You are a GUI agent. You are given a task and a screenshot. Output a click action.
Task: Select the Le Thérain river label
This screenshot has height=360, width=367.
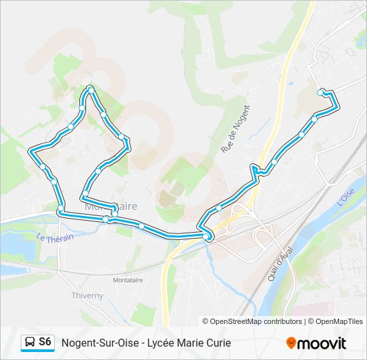55,237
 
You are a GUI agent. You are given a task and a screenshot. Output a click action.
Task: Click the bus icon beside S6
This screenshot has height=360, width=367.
30,343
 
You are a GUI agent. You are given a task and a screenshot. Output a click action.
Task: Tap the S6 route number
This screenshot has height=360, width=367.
45,342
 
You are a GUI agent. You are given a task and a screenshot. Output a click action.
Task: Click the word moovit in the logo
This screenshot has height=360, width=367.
322,343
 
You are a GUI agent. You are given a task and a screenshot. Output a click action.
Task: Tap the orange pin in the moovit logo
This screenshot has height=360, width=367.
290,343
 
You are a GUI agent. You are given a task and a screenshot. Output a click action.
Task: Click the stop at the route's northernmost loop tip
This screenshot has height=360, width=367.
90,88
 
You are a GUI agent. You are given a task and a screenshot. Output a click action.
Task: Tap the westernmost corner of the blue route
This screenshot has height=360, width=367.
30,152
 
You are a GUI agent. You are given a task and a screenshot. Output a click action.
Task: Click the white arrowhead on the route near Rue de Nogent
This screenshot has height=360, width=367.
254,167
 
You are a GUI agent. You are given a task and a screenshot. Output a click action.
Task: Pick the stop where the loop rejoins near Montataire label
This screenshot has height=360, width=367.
115,214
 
